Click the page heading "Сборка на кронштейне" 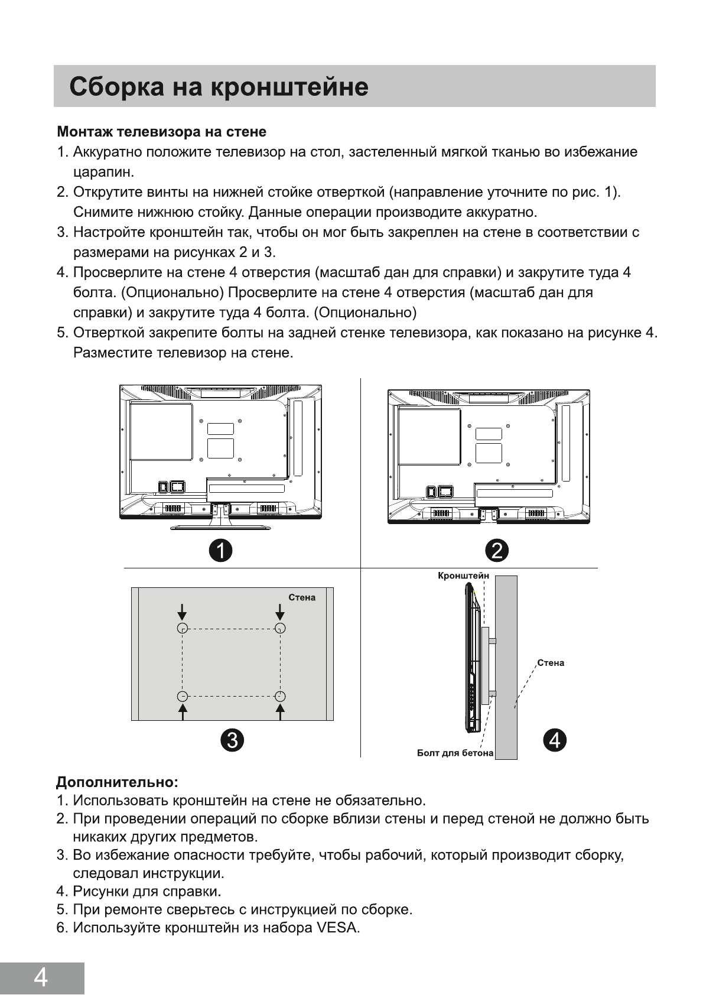coord(219,87)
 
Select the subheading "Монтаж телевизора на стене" coord(161,131)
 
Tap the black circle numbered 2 coord(497,551)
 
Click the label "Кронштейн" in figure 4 coord(463,575)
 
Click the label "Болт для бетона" coord(455,753)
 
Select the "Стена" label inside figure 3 coord(302,597)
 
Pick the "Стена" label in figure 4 coord(551,663)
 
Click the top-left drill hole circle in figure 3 coord(183,628)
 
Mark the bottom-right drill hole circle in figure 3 coord(281,696)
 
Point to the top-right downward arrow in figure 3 coord(281,611)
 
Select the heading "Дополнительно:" coord(117,782)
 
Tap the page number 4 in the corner coord(41,978)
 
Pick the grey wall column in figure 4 coord(506,668)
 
